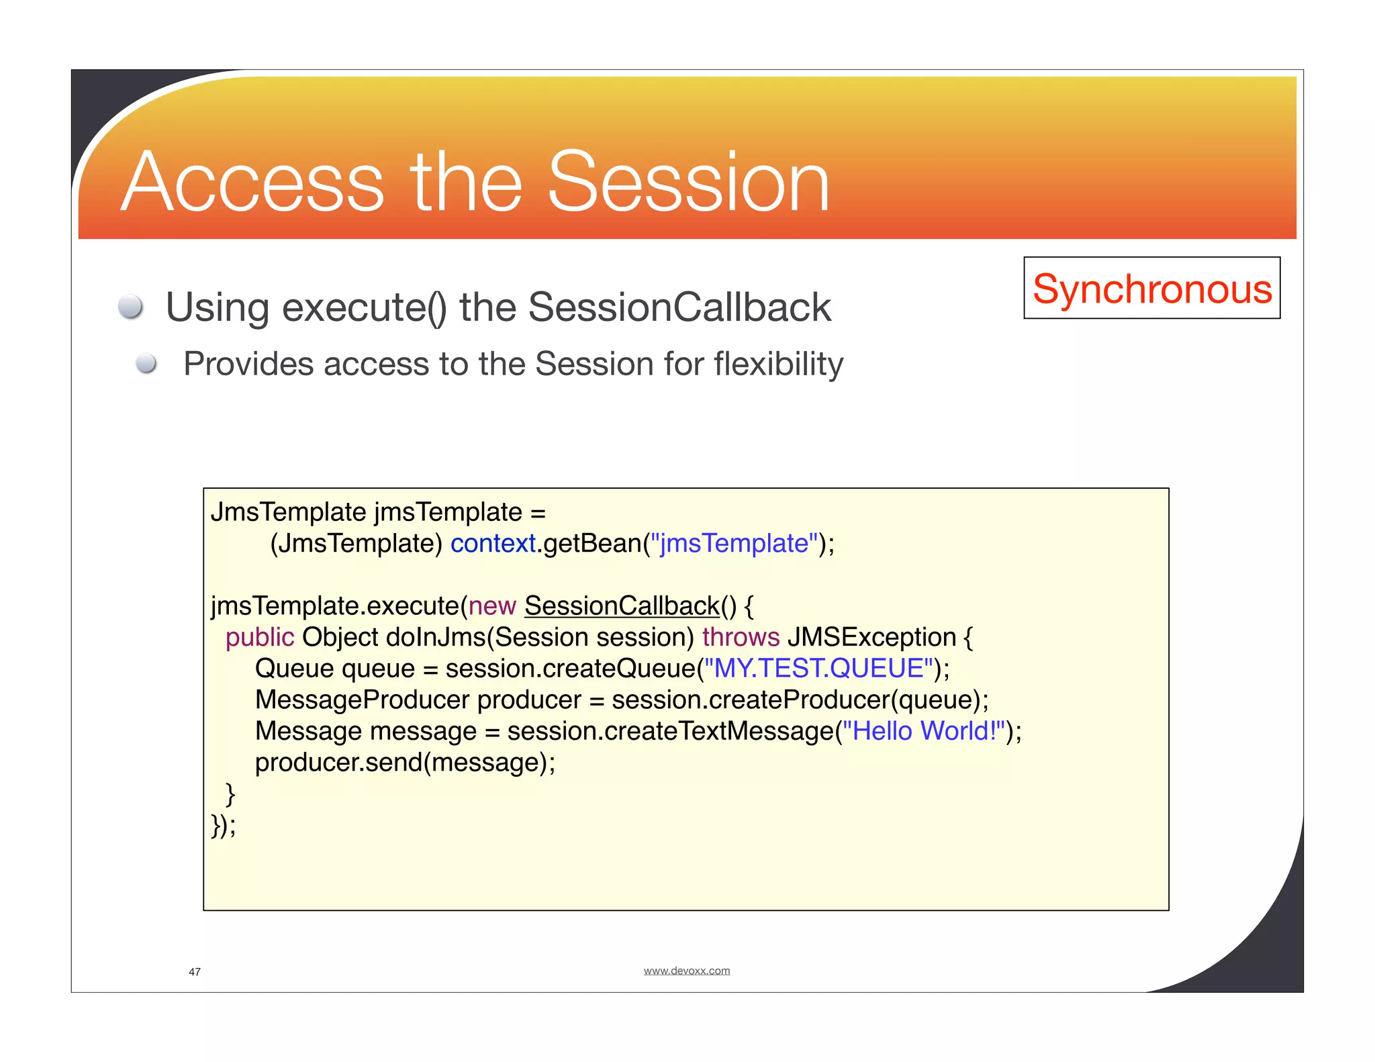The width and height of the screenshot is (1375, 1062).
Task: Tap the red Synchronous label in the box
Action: (x=1151, y=289)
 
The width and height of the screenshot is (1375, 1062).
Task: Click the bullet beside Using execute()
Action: (x=130, y=307)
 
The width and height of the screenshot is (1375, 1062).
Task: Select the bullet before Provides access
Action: (x=146, y=364)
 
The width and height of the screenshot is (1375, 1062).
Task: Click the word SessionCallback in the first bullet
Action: (x=679, y=307)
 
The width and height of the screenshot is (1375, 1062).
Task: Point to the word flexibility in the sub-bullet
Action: (x=778, y=365)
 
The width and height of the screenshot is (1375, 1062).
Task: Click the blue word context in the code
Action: (x=492, y=543)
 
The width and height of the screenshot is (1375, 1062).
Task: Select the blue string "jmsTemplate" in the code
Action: (x=734, y=543)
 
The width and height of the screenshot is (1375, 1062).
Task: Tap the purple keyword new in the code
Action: (x=491, y=606)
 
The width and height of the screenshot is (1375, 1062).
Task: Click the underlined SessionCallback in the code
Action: (x=622, y=606)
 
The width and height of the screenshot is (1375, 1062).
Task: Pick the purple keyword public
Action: (x=259, y=637)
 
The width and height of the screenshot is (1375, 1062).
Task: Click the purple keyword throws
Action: (x=741, y=637)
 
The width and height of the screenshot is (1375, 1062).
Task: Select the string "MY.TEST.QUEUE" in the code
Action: (x=818, y=669)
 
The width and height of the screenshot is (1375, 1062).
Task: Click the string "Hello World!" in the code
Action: (x=923, y=731)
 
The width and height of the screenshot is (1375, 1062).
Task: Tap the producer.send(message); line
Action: (x=405, y=763)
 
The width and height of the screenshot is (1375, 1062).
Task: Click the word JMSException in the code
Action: (x=871, y=637)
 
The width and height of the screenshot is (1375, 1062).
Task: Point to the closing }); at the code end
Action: (x=223, y=825)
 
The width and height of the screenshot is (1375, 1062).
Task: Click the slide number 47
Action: (x=195, y=971)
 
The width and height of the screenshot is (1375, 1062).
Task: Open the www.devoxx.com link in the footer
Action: (x=686, y=971)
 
